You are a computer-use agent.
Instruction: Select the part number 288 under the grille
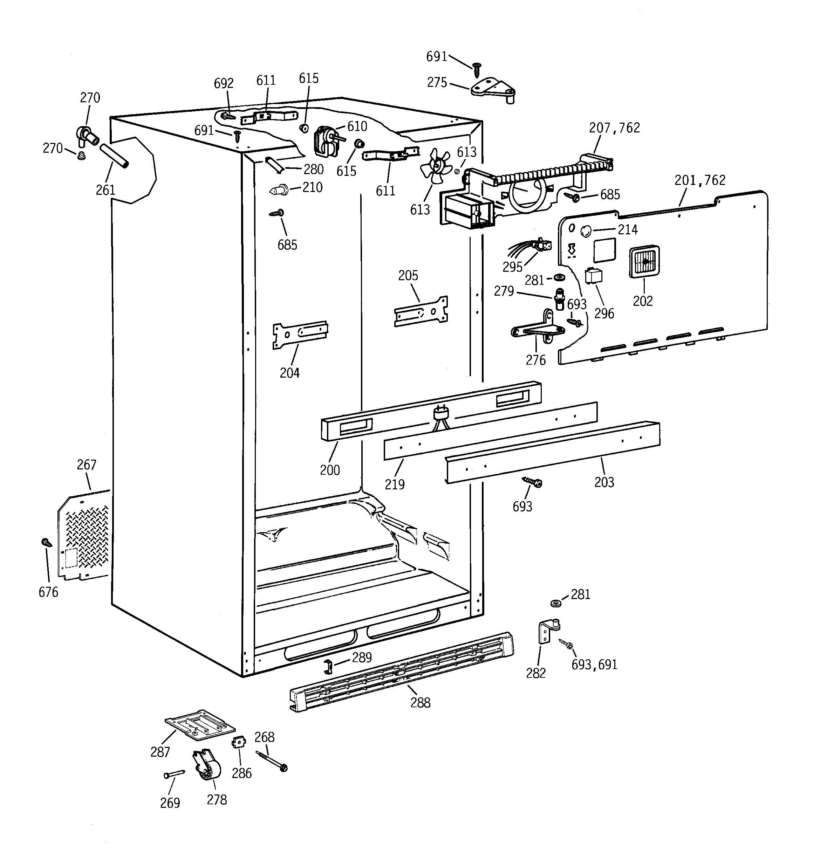[x=420, y=703]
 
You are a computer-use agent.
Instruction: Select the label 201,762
[x=699, y=180]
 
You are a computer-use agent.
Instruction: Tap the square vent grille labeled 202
[x=644, y=262]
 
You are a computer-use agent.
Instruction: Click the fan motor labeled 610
[x=325, y=139]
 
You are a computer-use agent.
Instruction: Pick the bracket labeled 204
[x=300, y=335]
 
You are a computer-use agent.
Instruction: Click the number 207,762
[x=614, y=128]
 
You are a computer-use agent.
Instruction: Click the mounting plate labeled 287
[x=199, y=724]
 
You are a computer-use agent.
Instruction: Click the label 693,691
[x=594, y=665]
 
